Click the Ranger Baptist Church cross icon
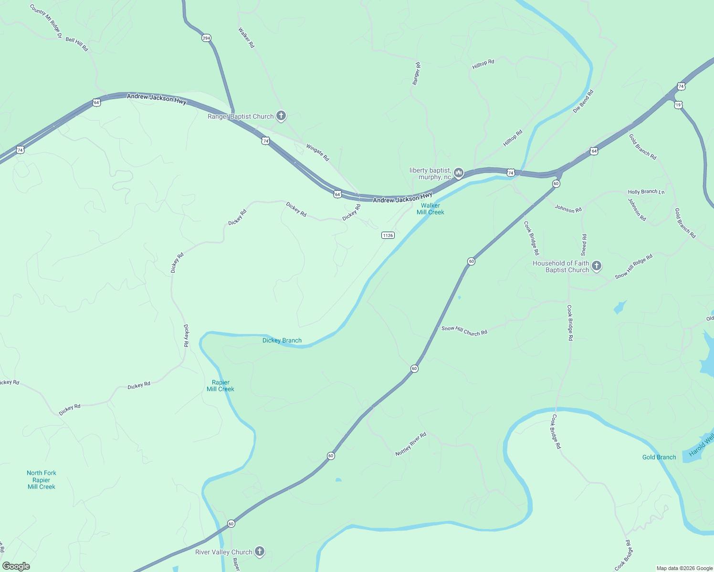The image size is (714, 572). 281,116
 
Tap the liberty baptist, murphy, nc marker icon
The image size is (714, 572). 459,173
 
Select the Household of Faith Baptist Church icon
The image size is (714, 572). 597,266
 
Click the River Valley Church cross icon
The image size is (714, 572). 259,552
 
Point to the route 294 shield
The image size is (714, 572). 206,38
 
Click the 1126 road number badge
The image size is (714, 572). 388,235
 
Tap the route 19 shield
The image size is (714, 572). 678,105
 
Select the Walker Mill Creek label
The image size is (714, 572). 430,209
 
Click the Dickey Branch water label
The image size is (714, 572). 282,340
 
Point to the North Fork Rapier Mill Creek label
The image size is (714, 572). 42,480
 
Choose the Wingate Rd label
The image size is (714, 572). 318,153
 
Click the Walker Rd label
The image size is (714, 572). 247,38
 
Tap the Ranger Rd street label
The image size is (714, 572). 417,74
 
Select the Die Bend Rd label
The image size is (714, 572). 583,101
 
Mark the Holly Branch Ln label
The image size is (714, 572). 646,192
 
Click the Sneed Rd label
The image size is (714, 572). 584,245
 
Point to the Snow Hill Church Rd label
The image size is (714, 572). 464,330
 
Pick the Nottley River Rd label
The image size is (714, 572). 410,444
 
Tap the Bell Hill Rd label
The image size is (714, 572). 77,44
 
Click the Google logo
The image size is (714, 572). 16,566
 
